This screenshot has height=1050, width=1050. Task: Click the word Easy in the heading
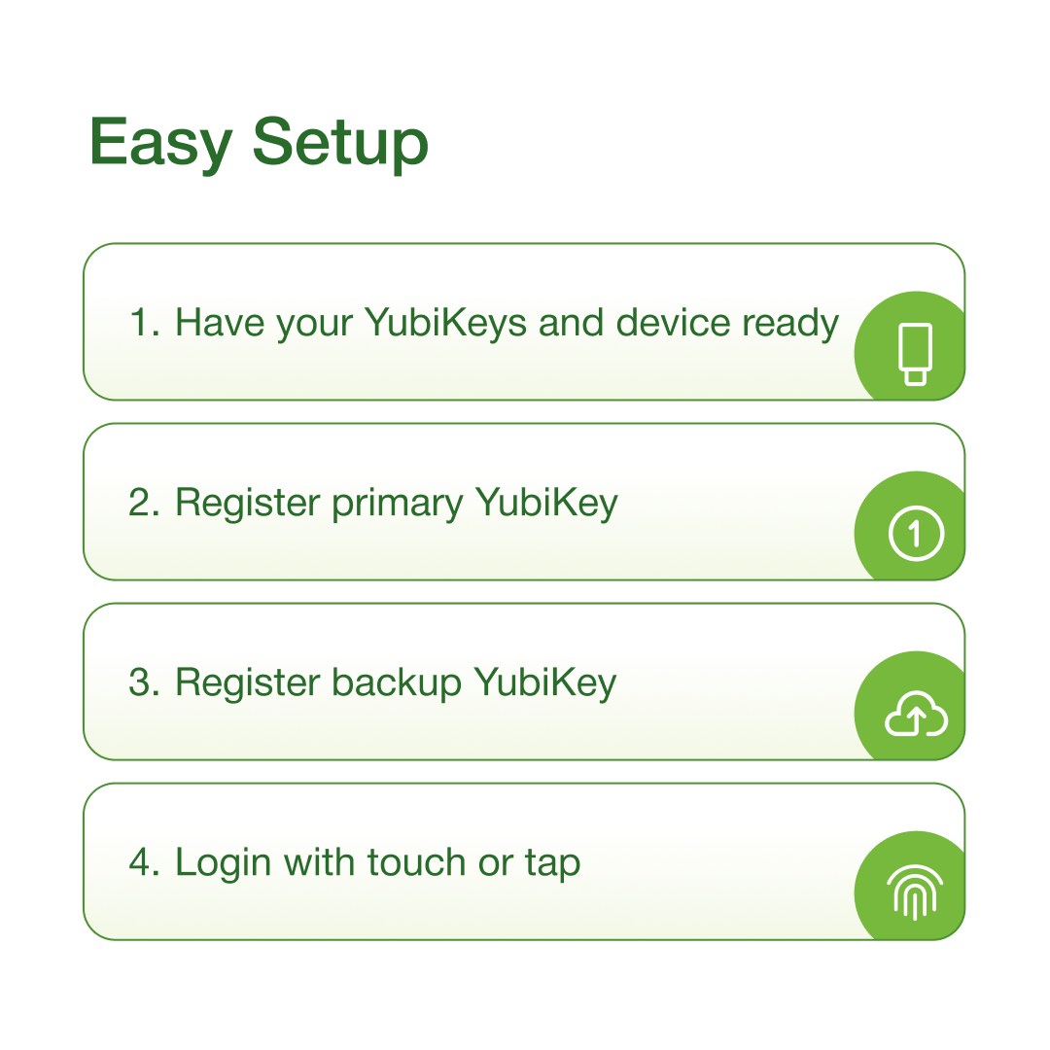click(x=160, y=143)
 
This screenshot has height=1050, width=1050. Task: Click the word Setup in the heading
click(x=340, y=143)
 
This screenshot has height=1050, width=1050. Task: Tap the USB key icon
click(x=916, y=354)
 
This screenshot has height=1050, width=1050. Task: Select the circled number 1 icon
click(x=916, y=533)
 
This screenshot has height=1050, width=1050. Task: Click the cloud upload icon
click(x=916, y=714)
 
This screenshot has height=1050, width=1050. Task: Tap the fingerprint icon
click(x=915, y=892)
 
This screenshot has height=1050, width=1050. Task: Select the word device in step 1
click(x=673, y=322)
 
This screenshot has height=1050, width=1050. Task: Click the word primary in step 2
click(x=397, y=504)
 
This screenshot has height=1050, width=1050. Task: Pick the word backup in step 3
click(x=397, y=683)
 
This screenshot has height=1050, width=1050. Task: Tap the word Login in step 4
click(x=223, y=863)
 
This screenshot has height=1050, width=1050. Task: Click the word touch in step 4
click(x=416, y=861)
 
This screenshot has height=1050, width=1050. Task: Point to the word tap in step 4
click(x=552, y=864)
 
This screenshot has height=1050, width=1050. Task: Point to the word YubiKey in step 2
click(x=546, y=504)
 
